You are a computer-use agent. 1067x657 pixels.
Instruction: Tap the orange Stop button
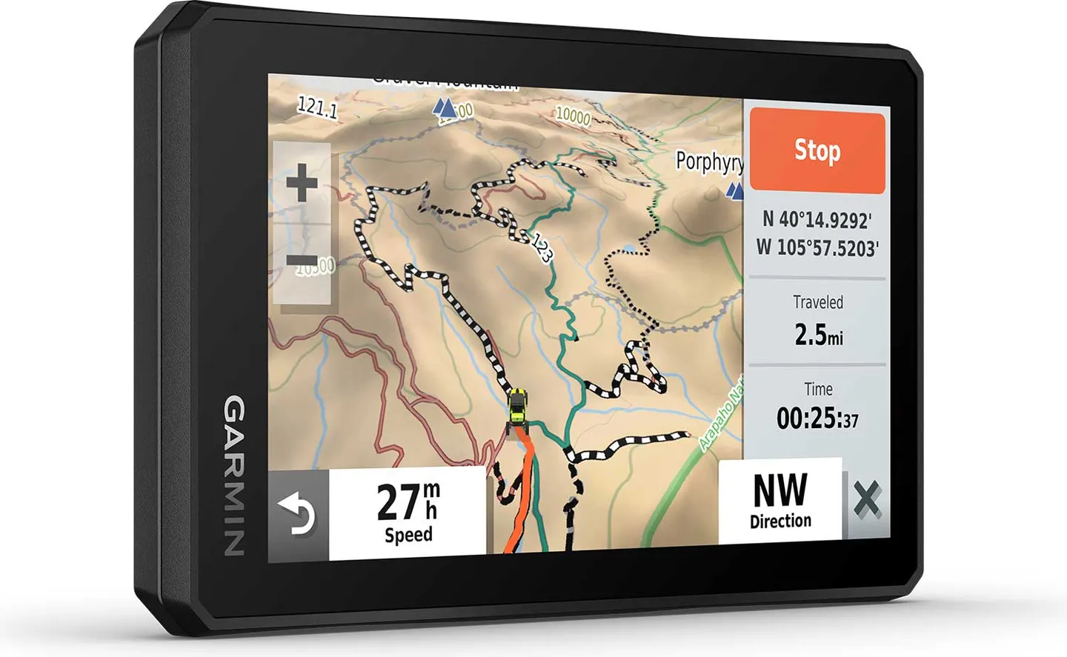tap(817, 150)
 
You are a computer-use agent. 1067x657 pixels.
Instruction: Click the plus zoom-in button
tap(302, 182)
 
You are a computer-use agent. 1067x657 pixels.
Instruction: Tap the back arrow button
tap(298, 514)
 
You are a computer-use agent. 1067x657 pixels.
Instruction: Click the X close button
tap(867, 500)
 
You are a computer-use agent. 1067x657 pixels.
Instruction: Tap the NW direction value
tap(780, 490)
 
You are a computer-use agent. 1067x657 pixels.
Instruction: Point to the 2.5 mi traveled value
tap(818, 335)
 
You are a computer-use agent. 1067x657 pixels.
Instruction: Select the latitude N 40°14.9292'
tap(817, 220)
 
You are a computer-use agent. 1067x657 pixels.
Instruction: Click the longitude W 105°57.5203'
tap(817, 247)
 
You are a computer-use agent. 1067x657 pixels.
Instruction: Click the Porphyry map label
tap(709, 161)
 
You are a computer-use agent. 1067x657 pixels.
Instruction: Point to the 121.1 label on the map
tap(317, 108)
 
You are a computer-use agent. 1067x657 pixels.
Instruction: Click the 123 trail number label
tap(542, 248)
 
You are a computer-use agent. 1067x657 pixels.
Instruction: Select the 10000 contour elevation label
tap(573, 116)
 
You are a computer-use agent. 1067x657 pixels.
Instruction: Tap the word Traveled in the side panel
tap(818, 302)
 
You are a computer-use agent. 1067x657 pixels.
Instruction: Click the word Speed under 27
tap(408, 535)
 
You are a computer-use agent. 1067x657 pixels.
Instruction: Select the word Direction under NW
tap(780, 521)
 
